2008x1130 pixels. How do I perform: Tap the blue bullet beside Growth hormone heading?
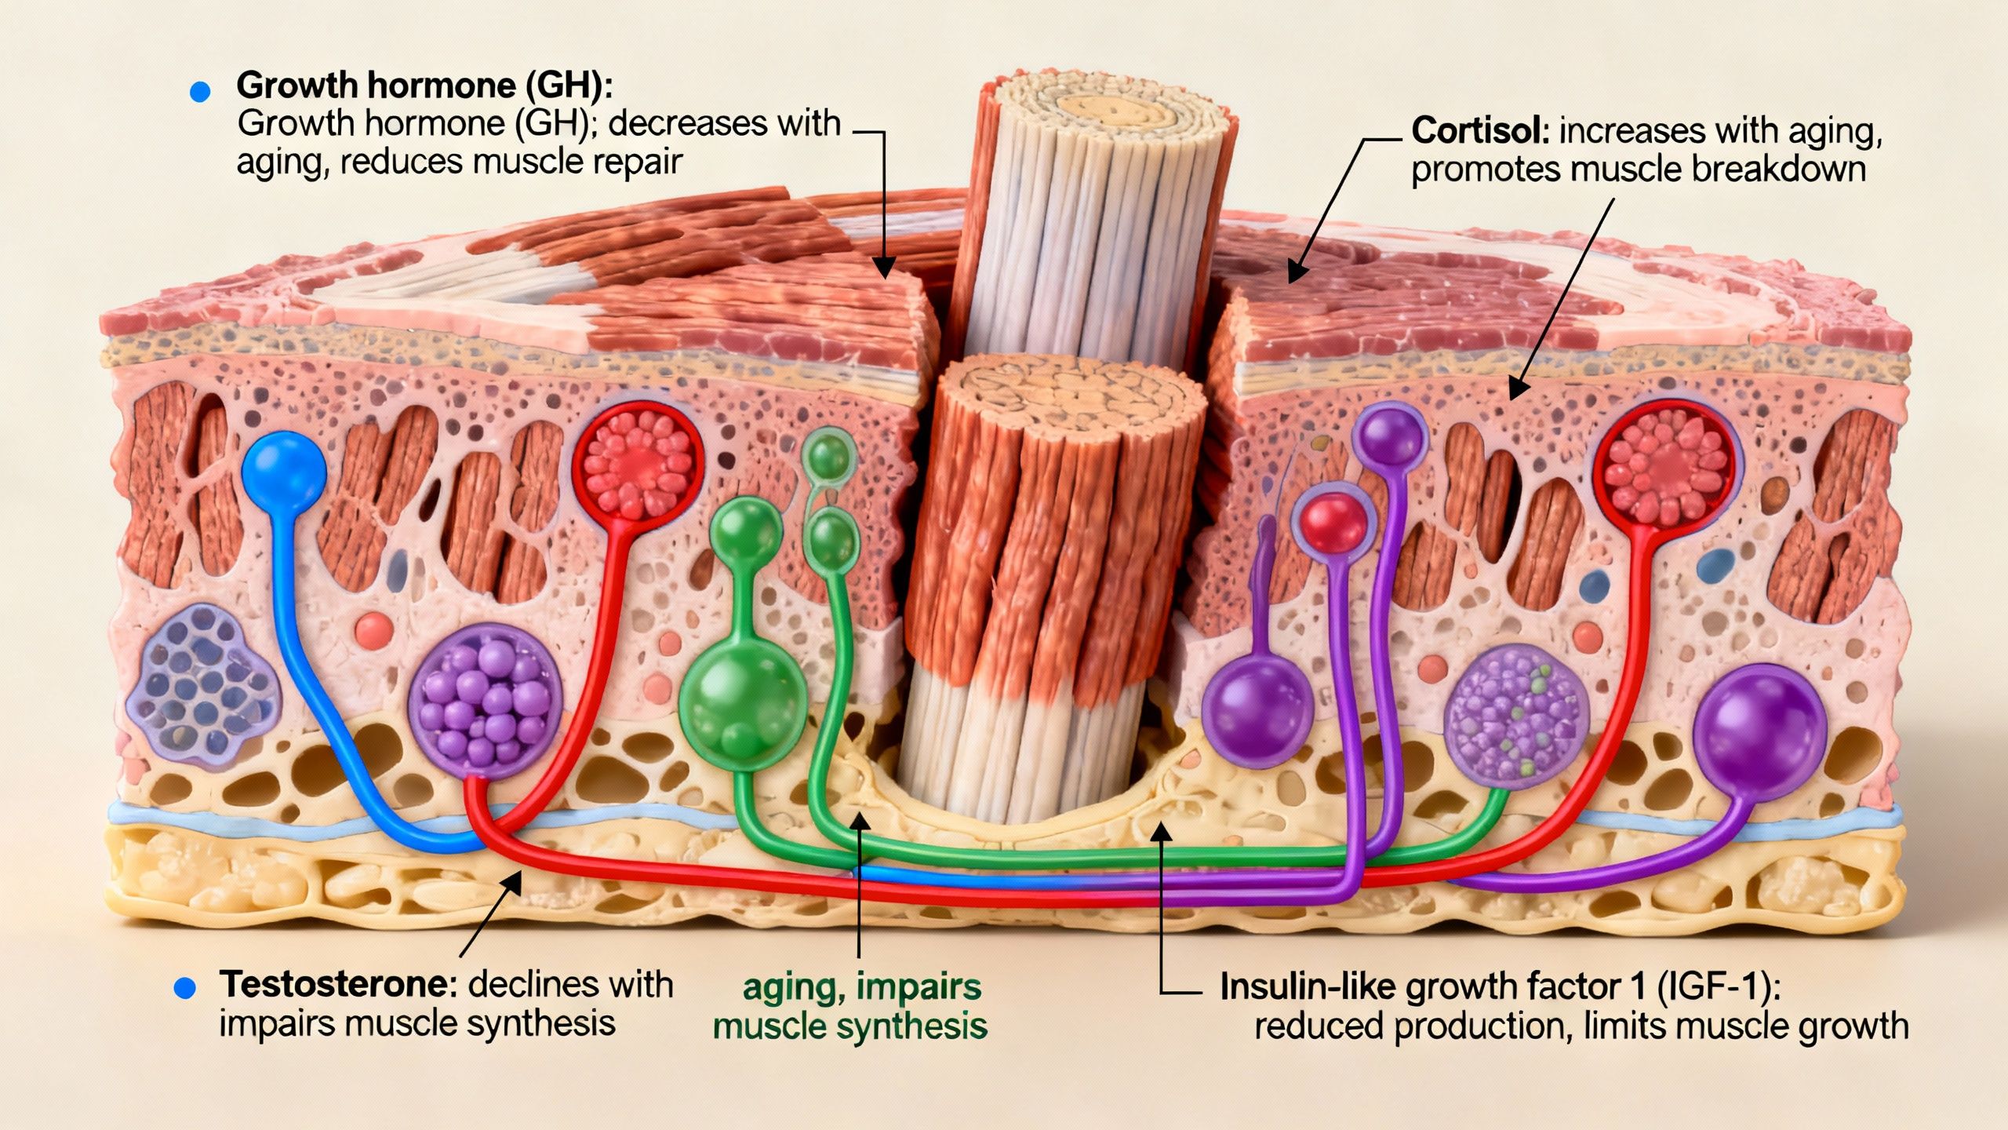[x=201, y=93]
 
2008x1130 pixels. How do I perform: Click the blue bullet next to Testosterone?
[x=185, y=988]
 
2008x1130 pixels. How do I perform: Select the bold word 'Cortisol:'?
[x=1479, y=131]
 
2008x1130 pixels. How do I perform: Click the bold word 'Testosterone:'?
[x=338, y=984]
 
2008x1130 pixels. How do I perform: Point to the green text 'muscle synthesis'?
[x=849, y=1026]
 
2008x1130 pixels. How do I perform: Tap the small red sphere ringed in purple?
[x=1333, y=519]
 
